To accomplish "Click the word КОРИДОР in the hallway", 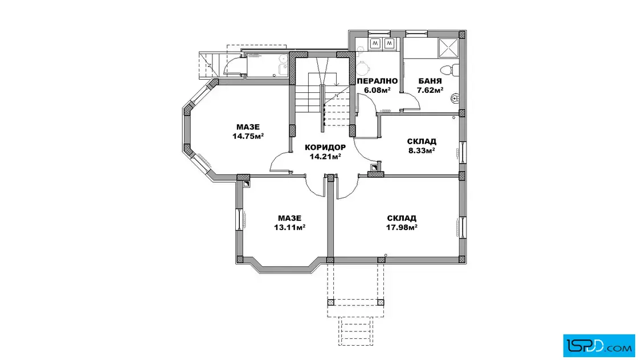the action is pyautogui.click(x=325, y=148).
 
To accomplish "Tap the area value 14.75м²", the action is pyautogui.click(x=248, y=136).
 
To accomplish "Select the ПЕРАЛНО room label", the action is pyautogui.click(x=377, y=81).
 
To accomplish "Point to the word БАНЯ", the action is pyautogui.click(x=430, y=81).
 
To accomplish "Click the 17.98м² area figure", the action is pyautogui.click(x=402, y=227).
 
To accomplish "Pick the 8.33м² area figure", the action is pyautogui.click(x=422, y=150).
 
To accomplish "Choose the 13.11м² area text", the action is pyautogui.click(x=290, y=227).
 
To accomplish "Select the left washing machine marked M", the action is pyautogui.click(x=375, y=43).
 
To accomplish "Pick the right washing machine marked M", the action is pyautogui.click(x=390, y=43).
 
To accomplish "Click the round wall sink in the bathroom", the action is pyautogui.click(x=455, y=98).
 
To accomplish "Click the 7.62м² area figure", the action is pyautogui.click(x=430, y=91).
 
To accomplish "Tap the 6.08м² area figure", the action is pyautogui.click(x=377, y=91).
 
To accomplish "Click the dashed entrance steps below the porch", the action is pyautogui.click(x=355, y=332).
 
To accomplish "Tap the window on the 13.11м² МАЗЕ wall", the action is pyautogui.click(x=239, y=220).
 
